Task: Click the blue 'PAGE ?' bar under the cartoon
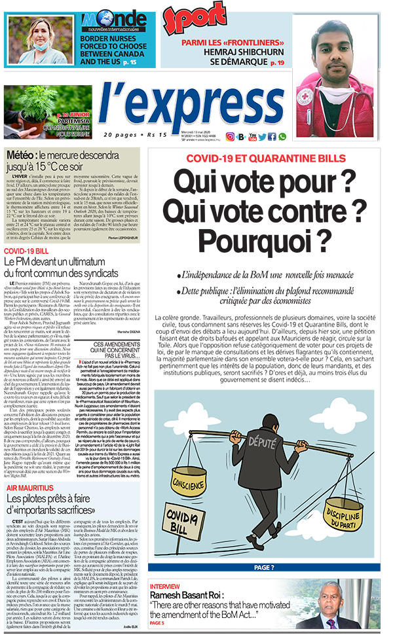[264, 568]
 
